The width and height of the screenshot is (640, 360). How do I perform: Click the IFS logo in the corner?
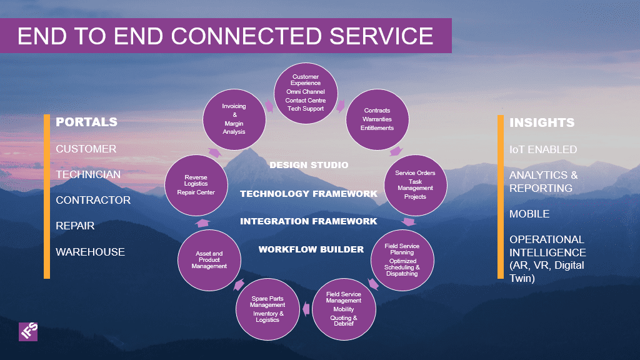click(28, 331)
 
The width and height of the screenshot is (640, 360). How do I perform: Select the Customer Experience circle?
click(306, 93)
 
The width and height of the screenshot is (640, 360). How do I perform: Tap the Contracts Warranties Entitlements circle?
click(377, 119)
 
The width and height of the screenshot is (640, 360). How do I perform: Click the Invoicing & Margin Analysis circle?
click(234, 119)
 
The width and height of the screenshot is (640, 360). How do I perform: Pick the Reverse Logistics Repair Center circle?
click(196, 185)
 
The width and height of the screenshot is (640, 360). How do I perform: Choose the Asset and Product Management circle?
click(209, 260)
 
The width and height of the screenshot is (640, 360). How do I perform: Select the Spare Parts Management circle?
click(267, 309)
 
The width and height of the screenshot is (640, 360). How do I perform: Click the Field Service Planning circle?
click(402, 260)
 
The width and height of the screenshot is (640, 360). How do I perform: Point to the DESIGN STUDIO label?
click(309, 165)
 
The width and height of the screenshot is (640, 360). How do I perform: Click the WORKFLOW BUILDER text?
click(311, 249)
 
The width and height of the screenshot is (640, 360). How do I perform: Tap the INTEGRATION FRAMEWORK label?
click(309, 221)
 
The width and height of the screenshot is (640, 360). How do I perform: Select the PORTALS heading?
click(86, 122)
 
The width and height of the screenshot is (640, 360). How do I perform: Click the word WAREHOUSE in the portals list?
click(90, 252)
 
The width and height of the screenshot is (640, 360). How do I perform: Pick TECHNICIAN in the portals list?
click(88, 174)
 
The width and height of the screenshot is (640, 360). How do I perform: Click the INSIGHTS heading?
click(542, 122)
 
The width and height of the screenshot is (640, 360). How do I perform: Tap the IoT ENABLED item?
click(543, 149)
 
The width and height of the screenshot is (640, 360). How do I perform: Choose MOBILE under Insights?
click(529, 214)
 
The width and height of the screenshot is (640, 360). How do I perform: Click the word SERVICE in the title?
click(381, 36)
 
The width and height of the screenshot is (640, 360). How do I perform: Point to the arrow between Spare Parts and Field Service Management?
click(306, 309)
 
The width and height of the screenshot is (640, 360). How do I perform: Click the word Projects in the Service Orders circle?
click(415, 197)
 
